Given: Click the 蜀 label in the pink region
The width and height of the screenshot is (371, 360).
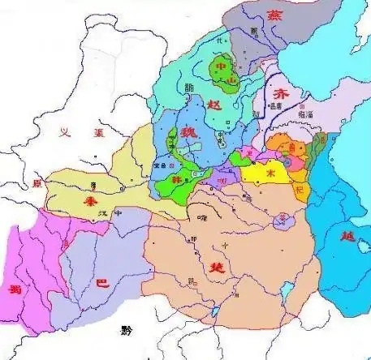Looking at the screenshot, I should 15,289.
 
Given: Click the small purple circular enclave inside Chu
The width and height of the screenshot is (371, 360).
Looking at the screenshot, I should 283,219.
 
